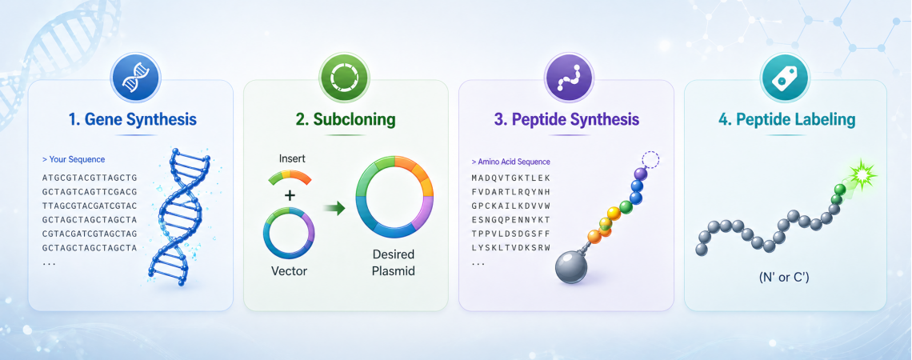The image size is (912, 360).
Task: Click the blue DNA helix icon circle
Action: coord(135,78)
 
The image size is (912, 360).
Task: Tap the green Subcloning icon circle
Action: coord(346,78)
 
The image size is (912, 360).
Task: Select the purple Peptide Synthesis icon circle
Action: coord(568,78)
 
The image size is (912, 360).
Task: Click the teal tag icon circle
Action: coord(786,78)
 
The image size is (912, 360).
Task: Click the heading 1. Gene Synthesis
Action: coord(133,120)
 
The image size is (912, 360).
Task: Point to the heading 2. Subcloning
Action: coord(346,120)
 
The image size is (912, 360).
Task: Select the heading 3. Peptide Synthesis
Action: coord(567,120)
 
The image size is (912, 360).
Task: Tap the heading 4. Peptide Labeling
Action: coord(786,120)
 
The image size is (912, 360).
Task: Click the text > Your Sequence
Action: coord(74,159)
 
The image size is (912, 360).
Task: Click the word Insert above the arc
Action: coord(292,158)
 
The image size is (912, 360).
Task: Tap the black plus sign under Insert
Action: coord(289,195)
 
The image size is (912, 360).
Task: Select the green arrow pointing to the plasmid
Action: coord(334,207)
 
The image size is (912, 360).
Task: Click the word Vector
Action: coord(289,270)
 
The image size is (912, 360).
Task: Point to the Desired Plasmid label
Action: coord(393,262)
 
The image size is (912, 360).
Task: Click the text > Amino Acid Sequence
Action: coord(510,162)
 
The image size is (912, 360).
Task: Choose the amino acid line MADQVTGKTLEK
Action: coord(510,178)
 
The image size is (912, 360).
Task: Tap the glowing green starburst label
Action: coord(858,174)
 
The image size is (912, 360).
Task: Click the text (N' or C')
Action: coord(784,278)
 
